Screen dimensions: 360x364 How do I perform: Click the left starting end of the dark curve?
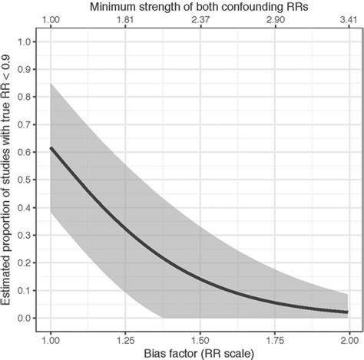click(51, 147)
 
